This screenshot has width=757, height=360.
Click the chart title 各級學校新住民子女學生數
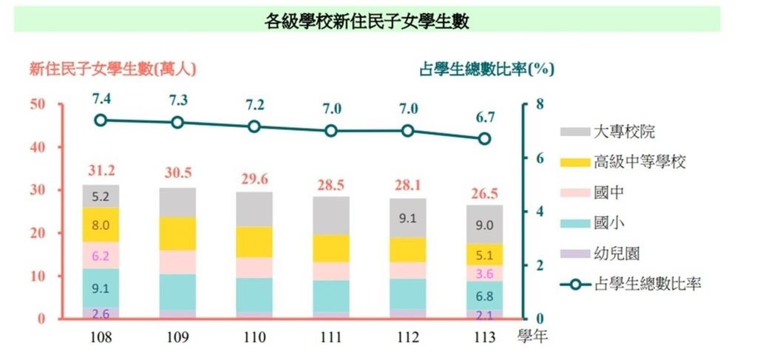tap(367, 21)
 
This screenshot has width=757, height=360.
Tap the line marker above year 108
tap(101, 120)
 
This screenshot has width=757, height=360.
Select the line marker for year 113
tap(485, 138)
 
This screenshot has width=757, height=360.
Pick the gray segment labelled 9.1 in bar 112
tap(408, 217)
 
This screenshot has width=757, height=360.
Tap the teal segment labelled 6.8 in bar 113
tap(485, 296)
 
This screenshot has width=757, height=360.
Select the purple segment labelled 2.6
tap(101, 313)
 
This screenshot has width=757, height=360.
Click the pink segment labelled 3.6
tap(485, 274)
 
